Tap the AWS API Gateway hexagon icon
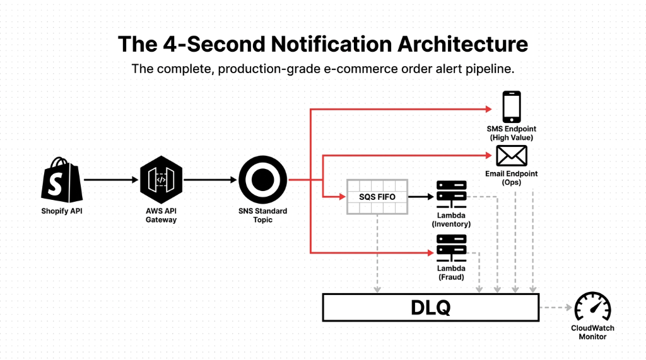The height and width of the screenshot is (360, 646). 161,180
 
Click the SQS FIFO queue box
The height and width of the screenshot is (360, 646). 377,196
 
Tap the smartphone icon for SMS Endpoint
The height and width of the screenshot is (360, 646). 511,107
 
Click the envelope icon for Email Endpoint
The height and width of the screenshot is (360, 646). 511,155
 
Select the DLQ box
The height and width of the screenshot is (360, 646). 430,308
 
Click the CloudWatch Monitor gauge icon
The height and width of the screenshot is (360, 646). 592,307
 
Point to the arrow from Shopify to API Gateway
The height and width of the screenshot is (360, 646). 110,180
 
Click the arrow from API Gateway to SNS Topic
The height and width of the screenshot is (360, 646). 209,180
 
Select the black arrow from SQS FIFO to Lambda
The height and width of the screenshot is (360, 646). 421,197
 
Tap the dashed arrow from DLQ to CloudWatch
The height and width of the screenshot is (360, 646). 556,308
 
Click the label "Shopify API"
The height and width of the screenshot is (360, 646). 62,211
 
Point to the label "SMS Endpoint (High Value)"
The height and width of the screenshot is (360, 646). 511,133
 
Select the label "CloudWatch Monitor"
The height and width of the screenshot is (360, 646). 592,332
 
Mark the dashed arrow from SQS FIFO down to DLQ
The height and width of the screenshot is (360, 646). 377,252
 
